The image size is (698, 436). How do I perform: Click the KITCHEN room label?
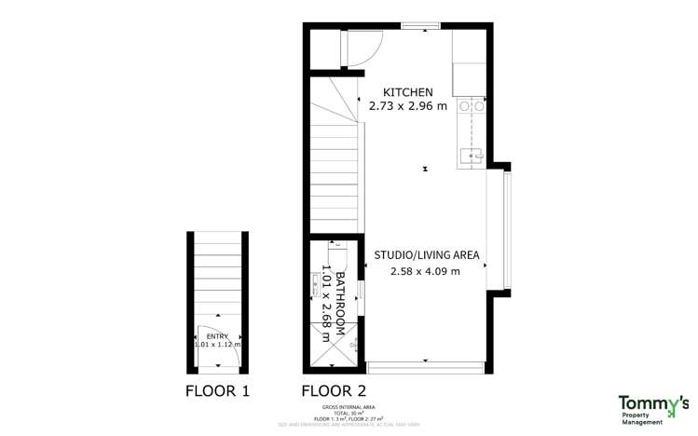point(408,91)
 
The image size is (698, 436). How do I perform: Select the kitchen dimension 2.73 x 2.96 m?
point(408,106)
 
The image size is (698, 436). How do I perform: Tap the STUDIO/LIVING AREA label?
point(426,254)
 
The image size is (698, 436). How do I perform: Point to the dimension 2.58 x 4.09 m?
point(426,271)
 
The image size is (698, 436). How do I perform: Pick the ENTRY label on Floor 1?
point(216,336)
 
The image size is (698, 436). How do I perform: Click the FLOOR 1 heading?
point(217,390)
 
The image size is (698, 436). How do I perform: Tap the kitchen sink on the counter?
point(471,157)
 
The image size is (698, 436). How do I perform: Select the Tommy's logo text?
point(653,402)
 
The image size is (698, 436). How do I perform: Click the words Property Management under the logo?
point(653,418)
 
